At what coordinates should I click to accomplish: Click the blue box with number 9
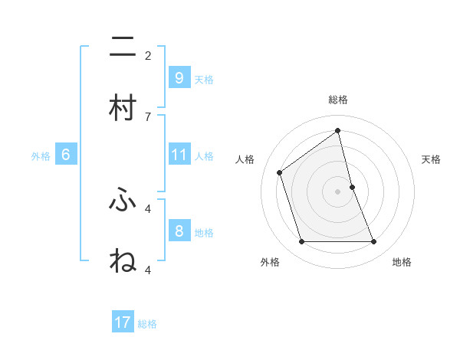pyautogui.click(x=179, y=78)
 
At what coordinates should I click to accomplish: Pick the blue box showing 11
pyautogui.click(x=179, y=155)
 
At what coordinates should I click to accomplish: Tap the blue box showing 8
pyautogui.click(x=179, y=231)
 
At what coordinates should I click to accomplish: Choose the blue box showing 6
pyautogui.click(x=66, y=155)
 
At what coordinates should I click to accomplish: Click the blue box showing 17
pyautogui.click(x=123, y=323)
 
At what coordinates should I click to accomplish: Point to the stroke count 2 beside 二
pyautogui.click(x=148, y=55)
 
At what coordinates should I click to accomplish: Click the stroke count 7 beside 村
pyautogui.click(x=148, y=116)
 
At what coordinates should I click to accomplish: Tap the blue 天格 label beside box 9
pyautogui.click(x=204, y=80)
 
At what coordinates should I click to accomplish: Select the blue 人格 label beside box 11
pyautogui.click(x=204, y=156)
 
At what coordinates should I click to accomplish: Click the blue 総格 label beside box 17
pyautogui.click(x=147, y=324)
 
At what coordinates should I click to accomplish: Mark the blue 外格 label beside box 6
pyautogui.click(x=41, y=156)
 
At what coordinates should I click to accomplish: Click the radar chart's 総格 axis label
pyautogui.click(x=338, y=100)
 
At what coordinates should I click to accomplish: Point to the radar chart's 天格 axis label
pyautogui.click(x=432, y=159)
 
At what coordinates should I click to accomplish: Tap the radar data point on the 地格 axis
pyautogui.click(x=374, y=242)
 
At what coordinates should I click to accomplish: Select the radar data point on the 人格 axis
pyautogui.click(x=280, y=172)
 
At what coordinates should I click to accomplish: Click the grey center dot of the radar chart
pyautogui.click(x=338, y=191)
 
